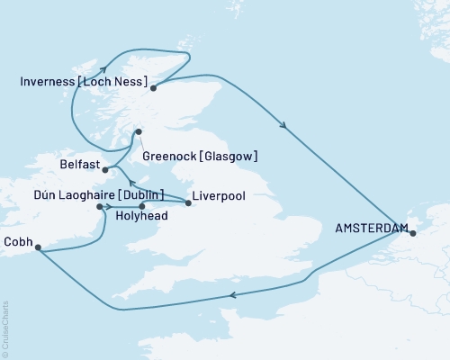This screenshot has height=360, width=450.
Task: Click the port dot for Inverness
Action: [154, 87]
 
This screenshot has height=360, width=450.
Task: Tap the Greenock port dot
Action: [138, 133]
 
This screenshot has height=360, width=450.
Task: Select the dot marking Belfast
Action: [105, 168]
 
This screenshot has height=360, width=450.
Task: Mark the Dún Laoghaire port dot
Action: [98, 206]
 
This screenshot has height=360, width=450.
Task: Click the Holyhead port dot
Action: [141, 207]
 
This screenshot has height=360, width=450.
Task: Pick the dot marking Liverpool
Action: [187, 202]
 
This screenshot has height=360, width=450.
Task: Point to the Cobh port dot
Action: [38, 252]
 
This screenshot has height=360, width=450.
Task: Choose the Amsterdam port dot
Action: [411, 235]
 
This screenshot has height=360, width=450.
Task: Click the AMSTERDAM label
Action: [370, 229]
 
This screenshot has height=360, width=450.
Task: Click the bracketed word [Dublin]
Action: [144, 193]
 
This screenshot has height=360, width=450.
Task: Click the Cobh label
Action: [18, 241]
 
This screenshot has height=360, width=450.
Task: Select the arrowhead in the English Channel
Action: [233, 294]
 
